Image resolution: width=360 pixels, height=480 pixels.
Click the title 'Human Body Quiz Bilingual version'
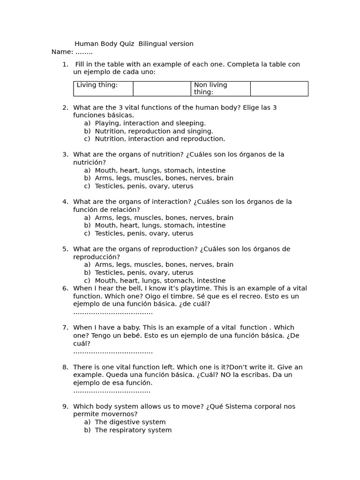pos(134,44)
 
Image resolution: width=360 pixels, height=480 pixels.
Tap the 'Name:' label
pos(62,52)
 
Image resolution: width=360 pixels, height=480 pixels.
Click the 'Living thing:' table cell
pos(103,89)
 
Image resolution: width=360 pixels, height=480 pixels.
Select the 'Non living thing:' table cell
pos(220,89)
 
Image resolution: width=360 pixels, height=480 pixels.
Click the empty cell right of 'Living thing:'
pos(162,89)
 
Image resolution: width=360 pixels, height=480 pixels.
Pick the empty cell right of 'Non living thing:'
pos(279,89)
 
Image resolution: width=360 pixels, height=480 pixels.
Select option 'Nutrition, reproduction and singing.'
pos(154,131)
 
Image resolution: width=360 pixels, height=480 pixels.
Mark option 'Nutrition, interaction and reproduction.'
pos(160,139)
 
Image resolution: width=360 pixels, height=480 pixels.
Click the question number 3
pos(65,154)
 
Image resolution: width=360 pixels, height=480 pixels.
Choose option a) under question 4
pos(164,217)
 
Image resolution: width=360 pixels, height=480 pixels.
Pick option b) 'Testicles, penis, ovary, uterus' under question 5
pos(144,272)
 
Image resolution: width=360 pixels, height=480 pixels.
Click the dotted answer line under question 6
pos(113,312)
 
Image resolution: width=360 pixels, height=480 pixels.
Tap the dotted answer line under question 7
pos(113,352)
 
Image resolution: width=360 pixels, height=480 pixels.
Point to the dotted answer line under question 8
pos(112,390)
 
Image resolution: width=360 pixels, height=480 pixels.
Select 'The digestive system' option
pos(130,422)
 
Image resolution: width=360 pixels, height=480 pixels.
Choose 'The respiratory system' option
pos(133,430)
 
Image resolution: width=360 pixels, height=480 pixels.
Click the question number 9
pos(65,406)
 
